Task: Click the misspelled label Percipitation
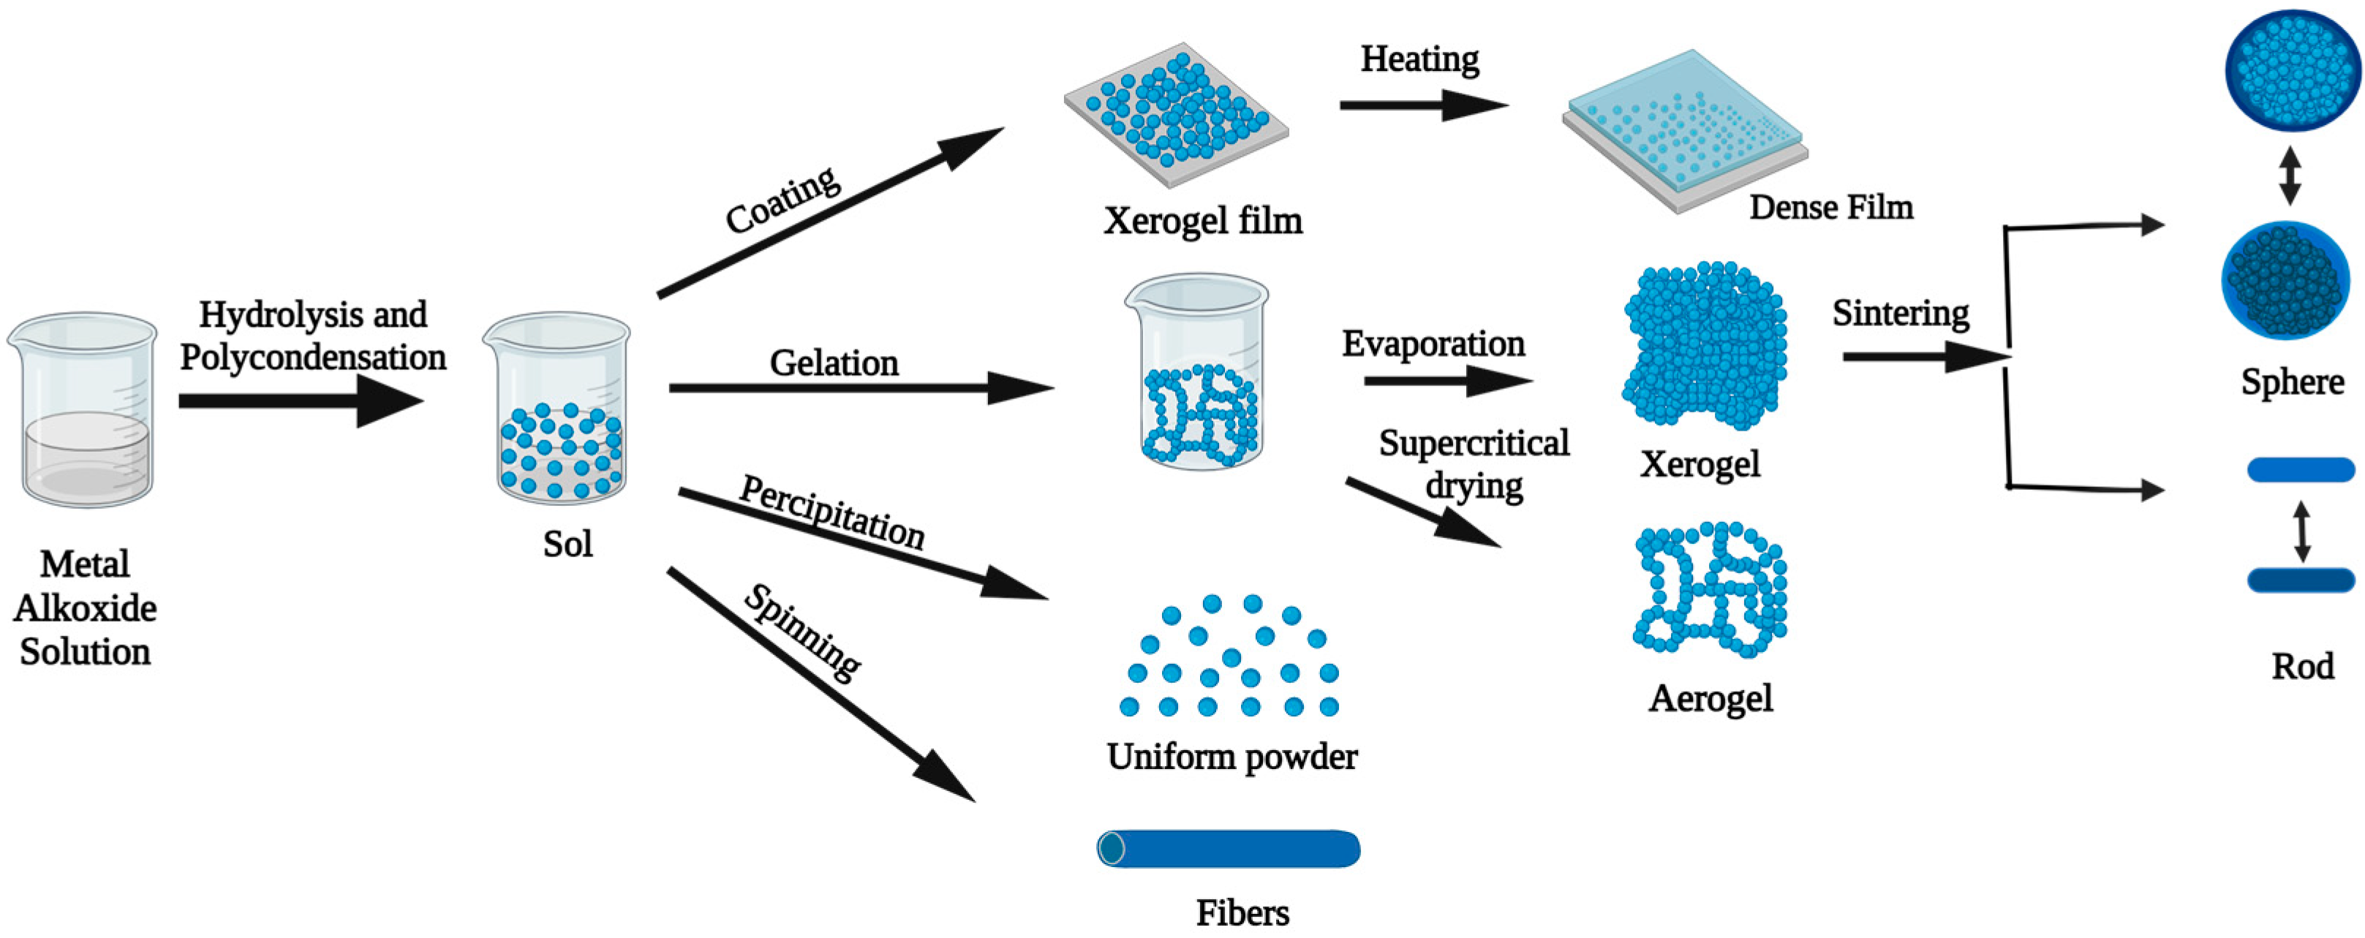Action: (831, 513)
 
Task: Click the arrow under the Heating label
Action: (1423, 105)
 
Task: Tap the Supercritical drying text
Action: (1474, 464)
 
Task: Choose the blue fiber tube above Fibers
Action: (1229, 848)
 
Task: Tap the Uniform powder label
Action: (1231, 757)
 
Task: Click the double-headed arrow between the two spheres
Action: (2290, 175)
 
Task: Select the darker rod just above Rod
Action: (2300, 580)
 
